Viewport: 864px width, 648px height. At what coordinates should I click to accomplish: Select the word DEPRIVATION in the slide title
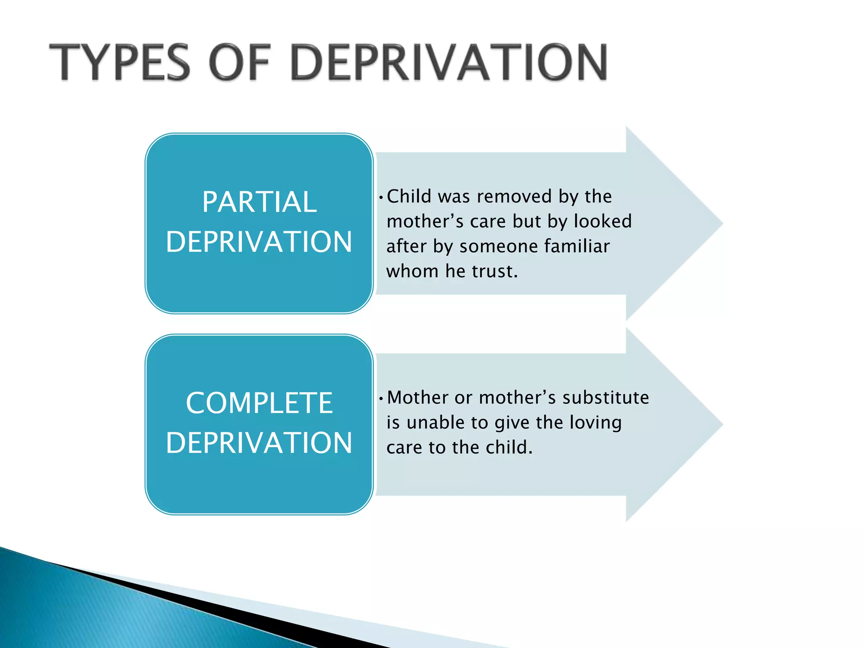click(x=448, y=62)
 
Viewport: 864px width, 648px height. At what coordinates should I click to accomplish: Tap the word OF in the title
click(x=239, y=62)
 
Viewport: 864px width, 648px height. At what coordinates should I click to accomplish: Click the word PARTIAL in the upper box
click(x=259, y=202)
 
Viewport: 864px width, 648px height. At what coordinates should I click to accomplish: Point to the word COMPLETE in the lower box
click(x=259, y=403)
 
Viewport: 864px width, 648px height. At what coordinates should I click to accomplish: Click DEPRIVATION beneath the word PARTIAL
click(x=259, y=242)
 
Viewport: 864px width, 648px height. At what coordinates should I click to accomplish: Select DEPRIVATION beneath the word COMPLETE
click(x=259, y=443)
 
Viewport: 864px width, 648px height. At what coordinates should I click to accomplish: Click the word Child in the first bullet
click(x=410, y=196)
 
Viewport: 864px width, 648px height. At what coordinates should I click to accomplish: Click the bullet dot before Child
click(x=381, y=197)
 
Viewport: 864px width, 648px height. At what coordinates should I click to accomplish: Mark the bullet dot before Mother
click(x=381, y=398)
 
